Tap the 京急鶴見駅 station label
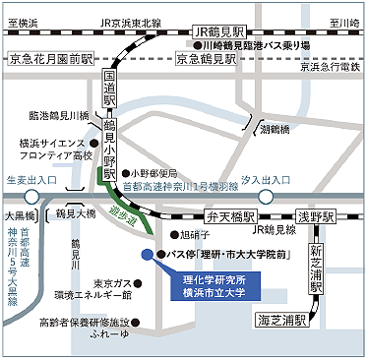click(209, 60)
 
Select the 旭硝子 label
click(196, 236)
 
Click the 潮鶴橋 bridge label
click(275, 128)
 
